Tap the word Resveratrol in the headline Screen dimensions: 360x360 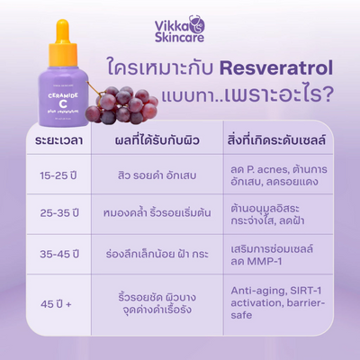pyautogui.click(x=281, y=68)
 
